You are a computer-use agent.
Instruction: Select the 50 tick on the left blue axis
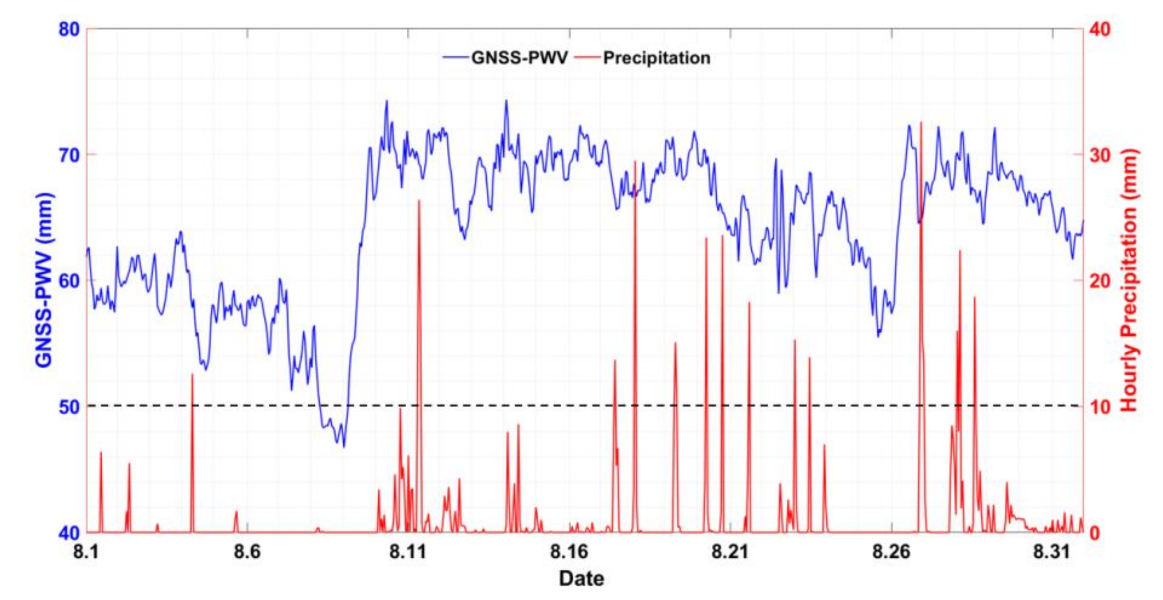point(69,406)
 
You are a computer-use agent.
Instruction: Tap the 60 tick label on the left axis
point(69,280)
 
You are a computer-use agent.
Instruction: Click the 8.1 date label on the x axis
point(86,552)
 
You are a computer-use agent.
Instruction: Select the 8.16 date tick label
point(570,552)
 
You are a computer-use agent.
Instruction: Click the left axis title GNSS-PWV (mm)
point(44,280)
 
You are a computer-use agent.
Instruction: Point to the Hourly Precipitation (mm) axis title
point(1129,280)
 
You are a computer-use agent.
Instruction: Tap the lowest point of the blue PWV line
point(344,446)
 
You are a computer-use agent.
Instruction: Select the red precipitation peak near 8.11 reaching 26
point(419,201)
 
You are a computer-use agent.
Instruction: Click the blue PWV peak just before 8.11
point(386,101)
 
